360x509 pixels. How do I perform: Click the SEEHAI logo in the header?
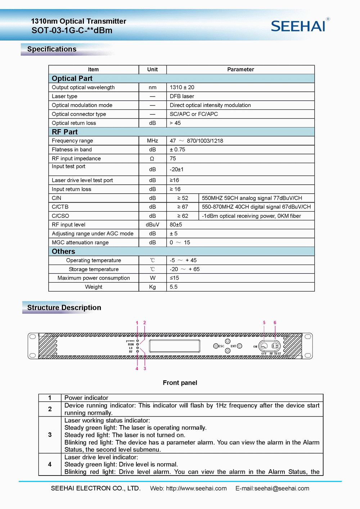(298, 26)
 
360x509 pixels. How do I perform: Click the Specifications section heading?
(52, 49)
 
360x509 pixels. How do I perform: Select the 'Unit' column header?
(152, 69)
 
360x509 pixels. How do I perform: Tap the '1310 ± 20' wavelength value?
(182, 87)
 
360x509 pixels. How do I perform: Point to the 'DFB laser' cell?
(182, 96)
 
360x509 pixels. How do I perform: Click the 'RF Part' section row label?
(65, 132)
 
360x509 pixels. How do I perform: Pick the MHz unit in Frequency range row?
(152, 141)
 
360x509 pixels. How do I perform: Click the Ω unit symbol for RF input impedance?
(152, 159)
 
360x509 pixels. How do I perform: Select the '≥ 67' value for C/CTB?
(183, 207)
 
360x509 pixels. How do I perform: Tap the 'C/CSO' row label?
(60, 216)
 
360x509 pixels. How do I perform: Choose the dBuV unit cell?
(152, 225)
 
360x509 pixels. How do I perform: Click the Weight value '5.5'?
(174, 287)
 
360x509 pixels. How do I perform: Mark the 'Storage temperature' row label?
(94, 269)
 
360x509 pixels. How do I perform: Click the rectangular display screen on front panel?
(175, 346)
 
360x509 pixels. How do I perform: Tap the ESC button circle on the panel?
(216, 346)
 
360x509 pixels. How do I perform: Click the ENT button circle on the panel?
(239, 346)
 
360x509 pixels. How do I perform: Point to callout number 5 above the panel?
(264, 323)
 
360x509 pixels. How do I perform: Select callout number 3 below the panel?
(145, 369)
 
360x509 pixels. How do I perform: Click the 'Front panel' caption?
(180, 383)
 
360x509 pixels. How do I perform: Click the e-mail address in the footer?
(272, 488)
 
